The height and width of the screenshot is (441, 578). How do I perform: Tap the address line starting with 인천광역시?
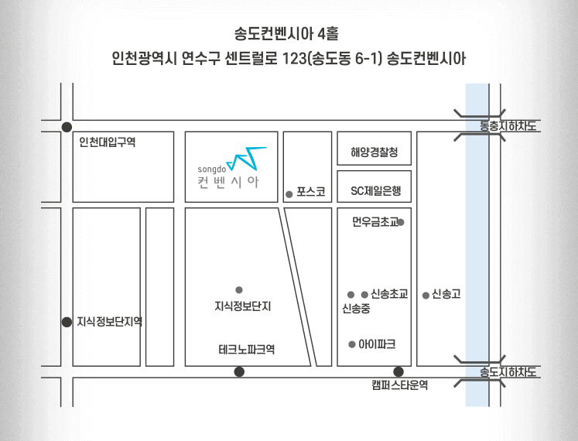click(289, 60)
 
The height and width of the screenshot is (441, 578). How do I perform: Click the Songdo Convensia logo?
click(231, 167)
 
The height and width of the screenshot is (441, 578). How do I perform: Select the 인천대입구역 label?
click(108, 142)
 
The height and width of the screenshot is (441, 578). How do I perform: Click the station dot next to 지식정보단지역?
click(67, 322)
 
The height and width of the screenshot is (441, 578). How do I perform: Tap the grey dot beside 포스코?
click(289, 194)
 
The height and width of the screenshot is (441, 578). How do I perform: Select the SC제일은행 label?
click(375, 190)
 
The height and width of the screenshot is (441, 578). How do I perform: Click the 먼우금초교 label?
click(374, 223)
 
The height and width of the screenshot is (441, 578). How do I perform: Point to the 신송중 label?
click(356, 309)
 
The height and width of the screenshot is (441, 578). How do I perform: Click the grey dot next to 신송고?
click(426, 295)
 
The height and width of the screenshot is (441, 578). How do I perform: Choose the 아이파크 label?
click(377, 344)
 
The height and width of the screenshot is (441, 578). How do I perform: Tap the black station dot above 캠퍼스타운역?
click(398, 371)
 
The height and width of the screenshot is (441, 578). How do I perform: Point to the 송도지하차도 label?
click(508, 373)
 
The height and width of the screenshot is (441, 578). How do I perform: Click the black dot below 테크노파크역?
click(239, 372)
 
